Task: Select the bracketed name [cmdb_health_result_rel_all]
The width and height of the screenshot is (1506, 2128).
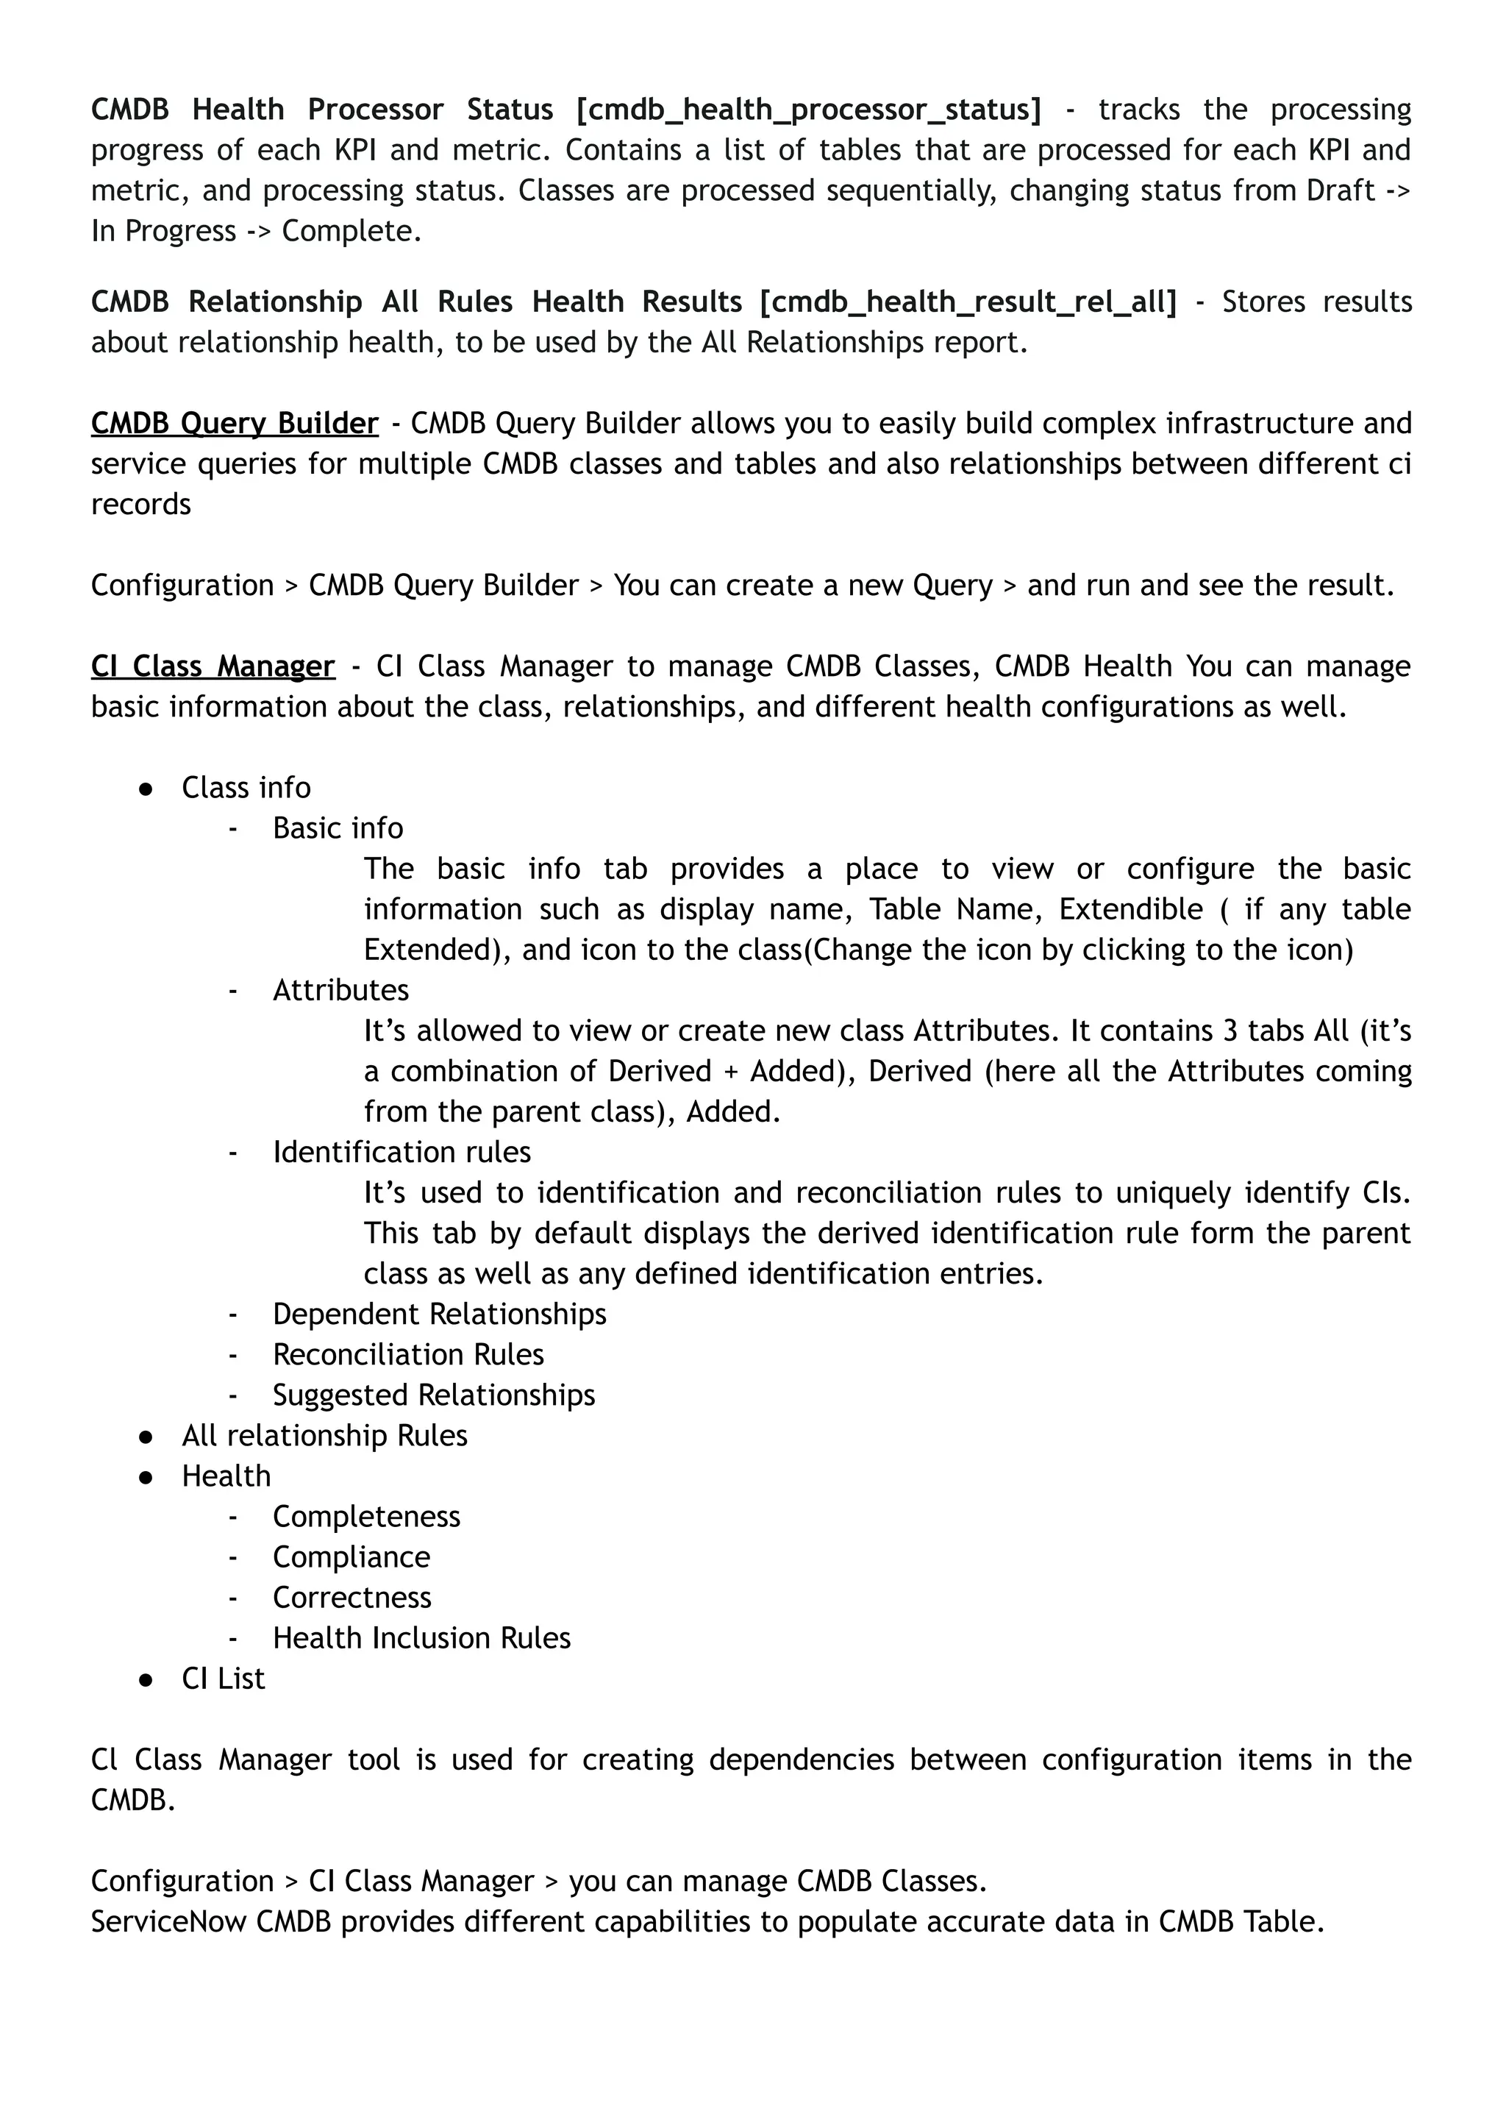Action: coord(967,302)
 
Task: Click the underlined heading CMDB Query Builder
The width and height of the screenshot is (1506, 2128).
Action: coord(235,424)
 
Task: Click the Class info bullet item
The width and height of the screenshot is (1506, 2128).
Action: coord(246,789)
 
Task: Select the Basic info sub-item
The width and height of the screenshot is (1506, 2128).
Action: coord(338,828)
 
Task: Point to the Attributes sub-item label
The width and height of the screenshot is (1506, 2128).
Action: coord(340,991)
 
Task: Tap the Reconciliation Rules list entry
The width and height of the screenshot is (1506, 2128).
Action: coord(408,1355)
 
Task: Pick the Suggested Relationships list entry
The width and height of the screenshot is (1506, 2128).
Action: coord(433,1396)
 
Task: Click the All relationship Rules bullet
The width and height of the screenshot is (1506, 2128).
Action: coord(324,1437)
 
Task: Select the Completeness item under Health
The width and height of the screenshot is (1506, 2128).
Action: coord(366,1517)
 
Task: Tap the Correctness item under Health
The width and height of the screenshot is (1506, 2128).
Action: coord(351,1598)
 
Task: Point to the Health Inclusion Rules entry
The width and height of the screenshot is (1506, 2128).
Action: coord(421,1639)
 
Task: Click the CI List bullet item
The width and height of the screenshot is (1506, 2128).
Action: coord(223,1680)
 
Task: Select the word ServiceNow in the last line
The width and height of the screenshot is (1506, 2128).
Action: coord(168,1922)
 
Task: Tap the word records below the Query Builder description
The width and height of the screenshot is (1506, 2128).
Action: coord(141,505)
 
